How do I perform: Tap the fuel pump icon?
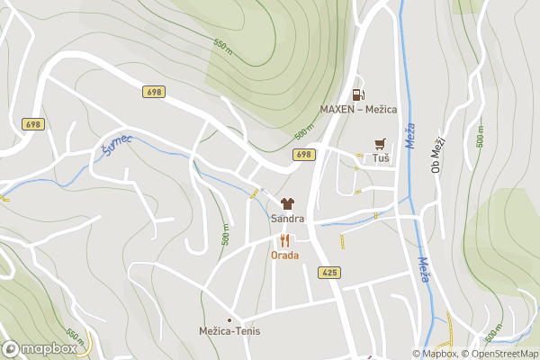coord(358,94)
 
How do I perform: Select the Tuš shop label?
coord(381,158)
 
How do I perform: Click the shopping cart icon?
coord(381,143)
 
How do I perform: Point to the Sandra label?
coord(287,219)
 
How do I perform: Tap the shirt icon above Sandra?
coord(287,204)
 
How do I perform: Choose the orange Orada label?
coord(285,255)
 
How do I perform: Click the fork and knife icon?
coord(285,240)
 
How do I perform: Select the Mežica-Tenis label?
coord(229,331)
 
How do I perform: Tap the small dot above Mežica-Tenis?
coord(229,319)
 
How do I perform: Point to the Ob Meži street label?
coord(438,154)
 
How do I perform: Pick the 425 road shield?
coord(328,273)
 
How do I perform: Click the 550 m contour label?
coord(222,44)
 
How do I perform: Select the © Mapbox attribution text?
coord(435,354)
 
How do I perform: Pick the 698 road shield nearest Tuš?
coord(304,155)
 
